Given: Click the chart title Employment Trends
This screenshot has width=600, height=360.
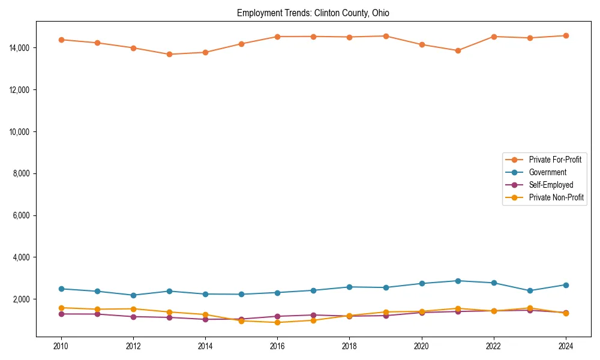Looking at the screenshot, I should [x=313, y=13].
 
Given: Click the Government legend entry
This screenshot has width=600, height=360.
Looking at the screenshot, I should [x=547, y=172].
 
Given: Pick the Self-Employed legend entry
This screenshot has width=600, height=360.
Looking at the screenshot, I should [x=551, y=185].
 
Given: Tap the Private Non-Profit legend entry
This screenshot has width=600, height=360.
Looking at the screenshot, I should [x=556, y=197].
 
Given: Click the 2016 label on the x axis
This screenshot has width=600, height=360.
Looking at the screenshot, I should [x=277, y=346].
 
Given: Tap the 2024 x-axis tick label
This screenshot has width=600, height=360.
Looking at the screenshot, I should [x=566, y=346].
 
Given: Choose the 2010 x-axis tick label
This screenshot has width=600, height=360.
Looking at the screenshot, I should [x=61, y=346].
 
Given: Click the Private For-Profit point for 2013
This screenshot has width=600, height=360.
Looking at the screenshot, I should [x=169, y=54].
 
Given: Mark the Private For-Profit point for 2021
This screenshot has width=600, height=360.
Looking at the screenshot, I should [x=458, y=50].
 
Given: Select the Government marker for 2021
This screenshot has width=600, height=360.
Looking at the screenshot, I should [x=458, y=281].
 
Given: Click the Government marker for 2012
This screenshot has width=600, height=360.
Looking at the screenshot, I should [x=133, y=295].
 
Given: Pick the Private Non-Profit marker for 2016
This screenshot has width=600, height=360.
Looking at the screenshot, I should [x=277, y=322].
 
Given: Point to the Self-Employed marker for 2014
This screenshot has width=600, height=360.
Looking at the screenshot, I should [x=205, y=319].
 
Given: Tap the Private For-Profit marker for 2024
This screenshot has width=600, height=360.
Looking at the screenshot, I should [x=566, y=35].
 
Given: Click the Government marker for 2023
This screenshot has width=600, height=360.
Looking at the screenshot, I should [x=530, y=290].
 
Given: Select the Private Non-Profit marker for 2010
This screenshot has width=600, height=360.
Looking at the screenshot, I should [x=61, y=308].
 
